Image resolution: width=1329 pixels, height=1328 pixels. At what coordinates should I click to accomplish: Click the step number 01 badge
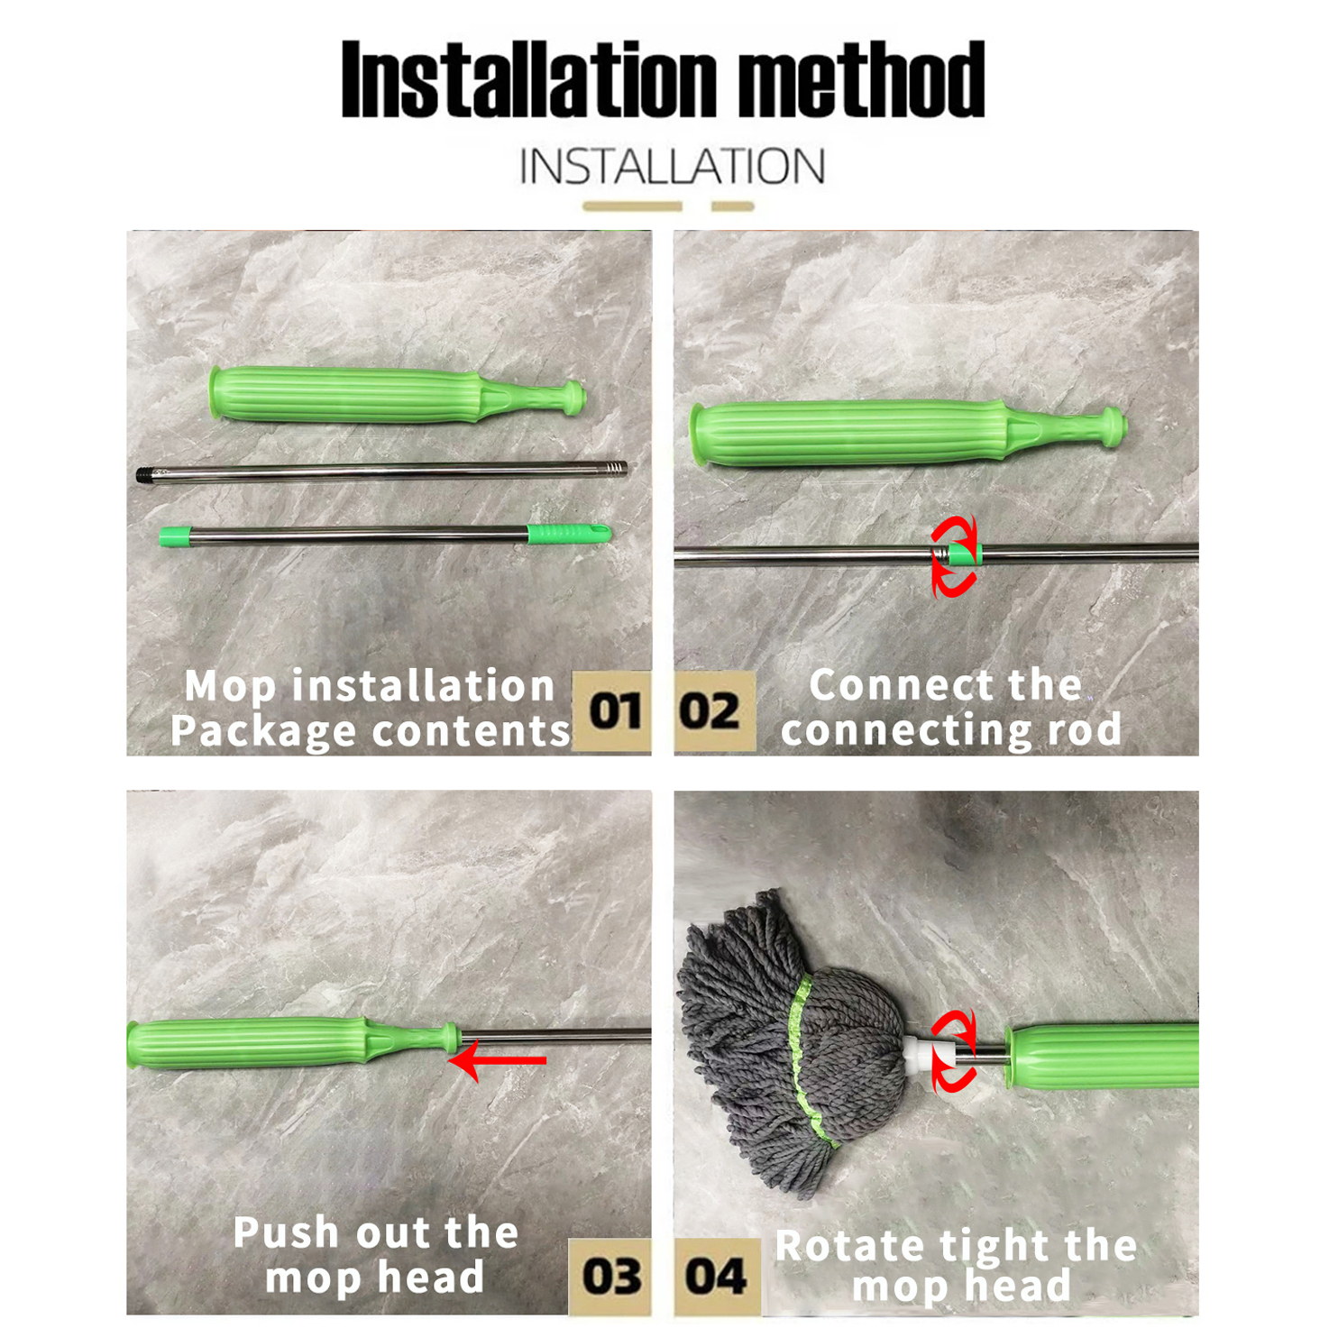click(613, 711)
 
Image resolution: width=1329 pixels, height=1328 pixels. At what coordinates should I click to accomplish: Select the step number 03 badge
click(610, 1276)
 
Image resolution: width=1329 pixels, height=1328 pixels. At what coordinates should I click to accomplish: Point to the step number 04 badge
click(715, 1276)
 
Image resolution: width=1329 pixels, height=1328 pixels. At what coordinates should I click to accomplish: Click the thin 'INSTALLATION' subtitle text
click(672, 167)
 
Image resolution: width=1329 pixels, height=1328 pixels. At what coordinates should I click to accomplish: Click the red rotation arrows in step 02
click(955, 556)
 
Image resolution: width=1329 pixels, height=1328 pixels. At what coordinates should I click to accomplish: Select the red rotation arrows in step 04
click(955, 1051)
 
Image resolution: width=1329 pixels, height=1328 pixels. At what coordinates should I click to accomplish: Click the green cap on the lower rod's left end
click(175, 537)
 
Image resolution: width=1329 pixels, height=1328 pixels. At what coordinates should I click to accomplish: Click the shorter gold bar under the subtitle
click(732, 206)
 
